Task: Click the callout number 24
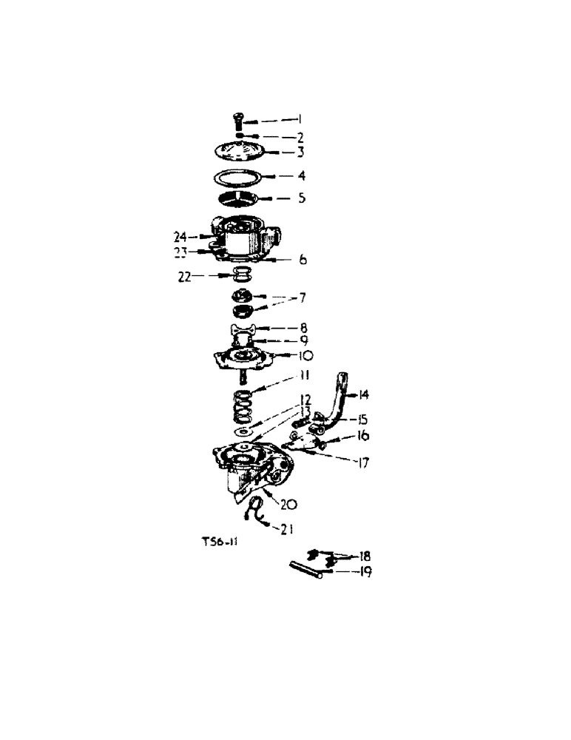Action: coord(180,237)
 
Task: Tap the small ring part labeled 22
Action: coord(240,275)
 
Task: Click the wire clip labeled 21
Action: coord(256,511)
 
